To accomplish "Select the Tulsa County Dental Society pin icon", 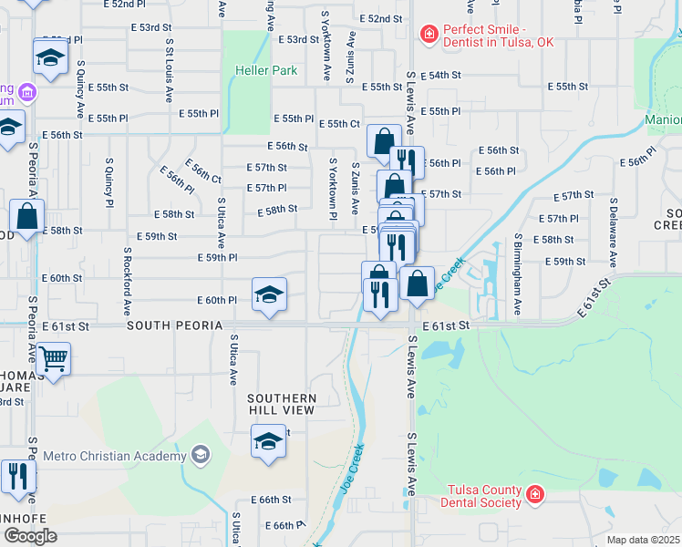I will tap(534, 496).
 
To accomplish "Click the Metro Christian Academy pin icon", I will tap(200, 455).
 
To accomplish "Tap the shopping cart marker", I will tap(54, 362).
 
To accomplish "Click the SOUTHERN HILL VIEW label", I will tap(282, 404).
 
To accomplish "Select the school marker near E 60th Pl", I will tap(269, 295).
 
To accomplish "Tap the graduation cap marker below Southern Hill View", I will tap(268, 442).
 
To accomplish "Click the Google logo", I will tap(30, 536).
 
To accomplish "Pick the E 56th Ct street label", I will tap(203, 170).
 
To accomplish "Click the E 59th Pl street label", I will tap(218, 258).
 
